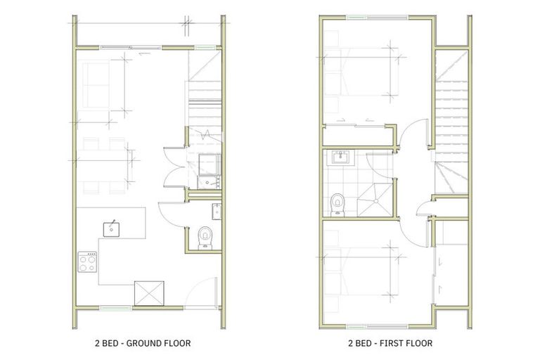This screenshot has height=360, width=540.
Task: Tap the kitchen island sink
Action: (x=112, y=228)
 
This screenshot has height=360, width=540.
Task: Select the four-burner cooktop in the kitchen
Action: (x=87, y=262)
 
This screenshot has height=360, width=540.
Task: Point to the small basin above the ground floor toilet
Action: (x=217, y=210)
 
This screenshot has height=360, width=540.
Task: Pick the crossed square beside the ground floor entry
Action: (x=150, y=293)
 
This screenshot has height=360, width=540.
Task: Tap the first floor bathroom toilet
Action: (x=338, y=203)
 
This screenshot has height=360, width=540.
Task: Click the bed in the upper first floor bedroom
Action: (x=359, y=77)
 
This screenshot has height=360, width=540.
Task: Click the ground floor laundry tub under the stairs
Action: (x=208, y=164)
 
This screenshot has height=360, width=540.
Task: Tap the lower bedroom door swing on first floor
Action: (x=414, y=225)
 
